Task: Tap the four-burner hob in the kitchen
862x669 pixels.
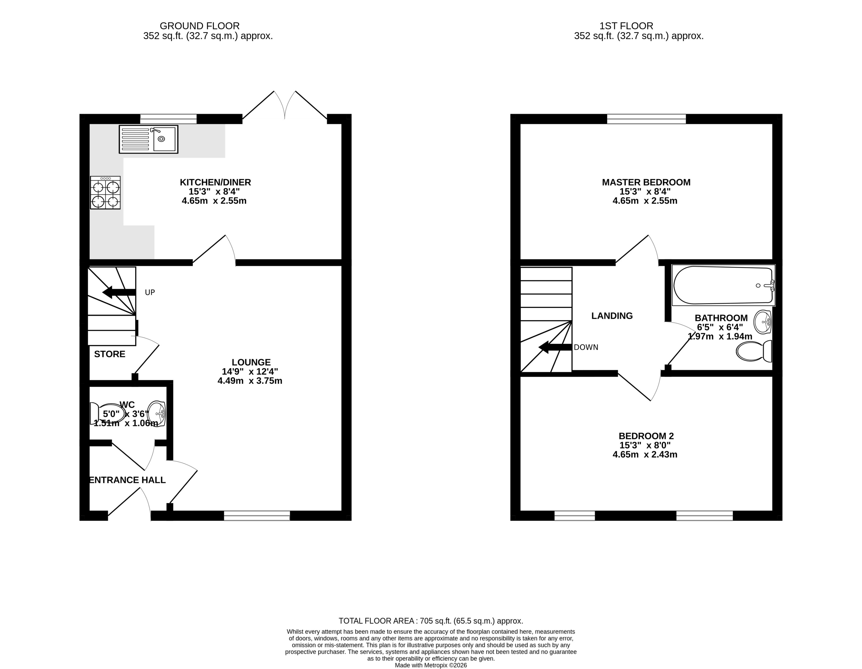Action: click(105, 193)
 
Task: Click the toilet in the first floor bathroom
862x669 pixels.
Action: click(753, 351)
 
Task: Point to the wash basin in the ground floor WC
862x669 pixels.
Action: click(156, 414)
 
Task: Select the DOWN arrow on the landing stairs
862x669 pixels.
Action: click(555, 347)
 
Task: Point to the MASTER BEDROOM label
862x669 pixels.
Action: click(646, 182)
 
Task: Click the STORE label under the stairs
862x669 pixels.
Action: click(110, 354)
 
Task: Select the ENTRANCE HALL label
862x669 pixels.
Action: click(127, 480)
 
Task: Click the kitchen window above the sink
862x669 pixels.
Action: click(168, 119)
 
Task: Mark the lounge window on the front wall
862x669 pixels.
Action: click(257, 516)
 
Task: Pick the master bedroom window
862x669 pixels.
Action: click(646, 119)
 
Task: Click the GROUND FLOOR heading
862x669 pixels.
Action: click(199, 26)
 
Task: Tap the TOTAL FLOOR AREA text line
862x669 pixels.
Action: click(431, 621)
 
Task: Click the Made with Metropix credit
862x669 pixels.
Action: click(431, 665)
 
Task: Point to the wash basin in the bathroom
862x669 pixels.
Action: click(762, 322)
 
